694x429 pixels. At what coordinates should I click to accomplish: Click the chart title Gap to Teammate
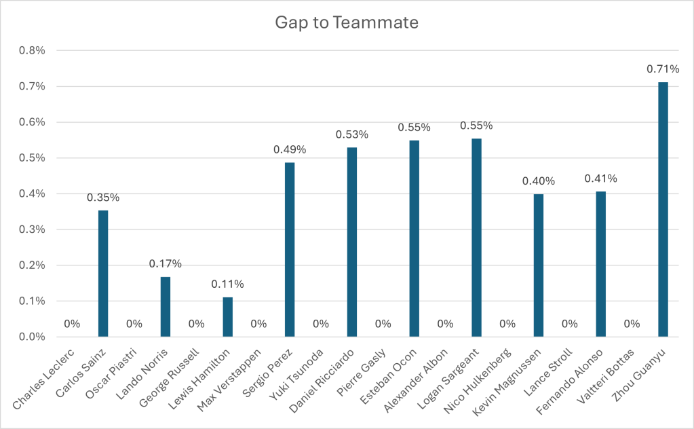coord(347,22)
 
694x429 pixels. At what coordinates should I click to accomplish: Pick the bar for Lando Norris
coord(166,306)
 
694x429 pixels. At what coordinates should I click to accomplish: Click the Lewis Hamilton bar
coord(227,317)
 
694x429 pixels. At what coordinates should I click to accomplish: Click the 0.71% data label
coord(663,69)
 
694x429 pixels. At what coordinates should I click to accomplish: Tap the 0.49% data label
coord(290,149)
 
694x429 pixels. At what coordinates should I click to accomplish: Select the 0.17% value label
coord(166,263)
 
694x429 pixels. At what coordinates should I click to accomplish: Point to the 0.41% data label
coord(600,179)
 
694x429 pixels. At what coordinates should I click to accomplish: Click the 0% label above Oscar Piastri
coord(134,324)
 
